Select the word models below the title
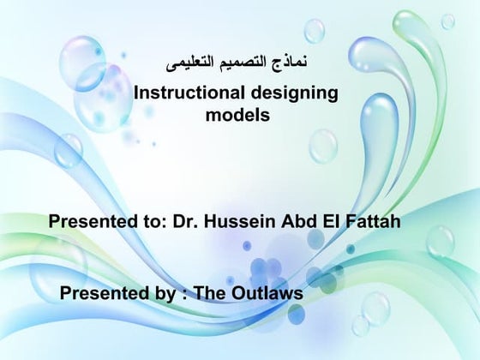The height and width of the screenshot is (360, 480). [x=238, y=113]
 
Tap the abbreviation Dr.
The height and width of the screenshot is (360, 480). [x=185, y=222]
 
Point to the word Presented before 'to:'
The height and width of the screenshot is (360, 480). [x=88, y=222]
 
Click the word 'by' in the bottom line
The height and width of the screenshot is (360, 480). [x=155, y=294]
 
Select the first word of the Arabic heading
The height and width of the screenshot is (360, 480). [x=294, y=63]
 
